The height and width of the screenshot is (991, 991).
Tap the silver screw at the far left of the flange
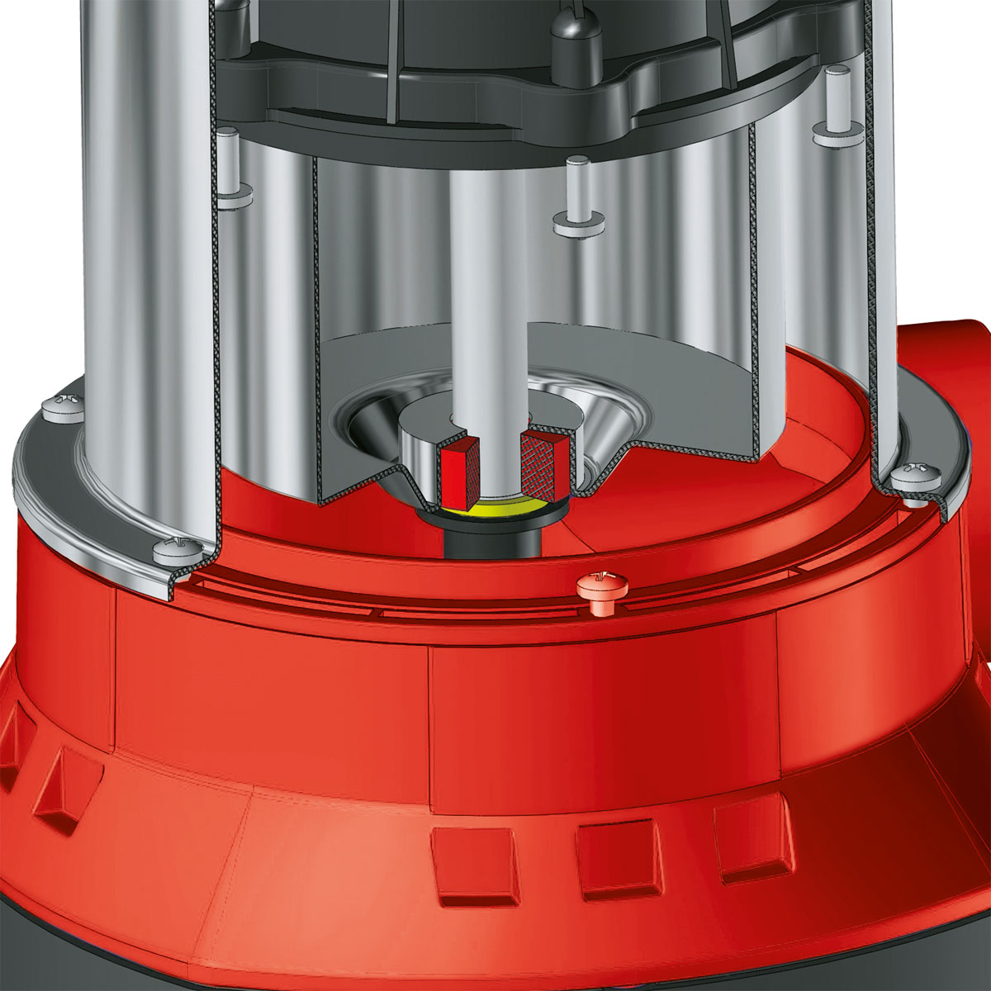tap(62, 405)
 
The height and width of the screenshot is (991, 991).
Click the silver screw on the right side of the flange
tap(916, 477)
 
